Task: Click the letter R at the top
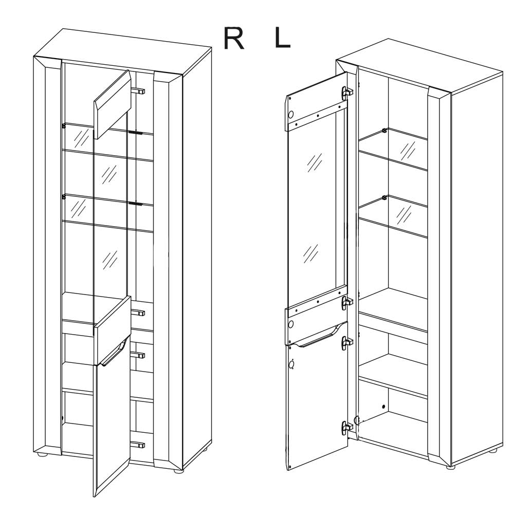click(234, 39)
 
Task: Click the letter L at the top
click(282, 39)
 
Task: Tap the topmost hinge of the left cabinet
click(138, 91)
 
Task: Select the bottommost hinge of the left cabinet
click(137, 445)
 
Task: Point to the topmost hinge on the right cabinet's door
click(346, 93)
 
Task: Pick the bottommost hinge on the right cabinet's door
click(346, 428)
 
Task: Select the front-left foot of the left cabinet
click(42, 454)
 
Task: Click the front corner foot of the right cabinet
click(451, 467)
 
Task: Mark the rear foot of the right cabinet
click(493, 451)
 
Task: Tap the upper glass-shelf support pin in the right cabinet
click(384, 131)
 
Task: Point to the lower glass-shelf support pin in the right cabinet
click(384, 198)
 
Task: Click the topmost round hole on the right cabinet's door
click(290, 114)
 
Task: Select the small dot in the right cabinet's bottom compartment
click(383, 407)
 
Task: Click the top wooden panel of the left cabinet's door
click(112, 104)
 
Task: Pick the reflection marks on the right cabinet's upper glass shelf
click(408, 150)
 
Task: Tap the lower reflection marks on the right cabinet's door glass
click(310, 253)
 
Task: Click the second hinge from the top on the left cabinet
click(138, 313)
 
